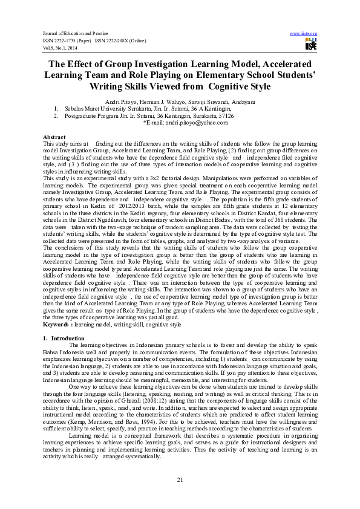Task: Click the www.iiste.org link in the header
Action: coord(304,33)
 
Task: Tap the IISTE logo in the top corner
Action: coord(311,44)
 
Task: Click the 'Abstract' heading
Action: coord(55,137)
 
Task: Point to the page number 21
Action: coord(180,479)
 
